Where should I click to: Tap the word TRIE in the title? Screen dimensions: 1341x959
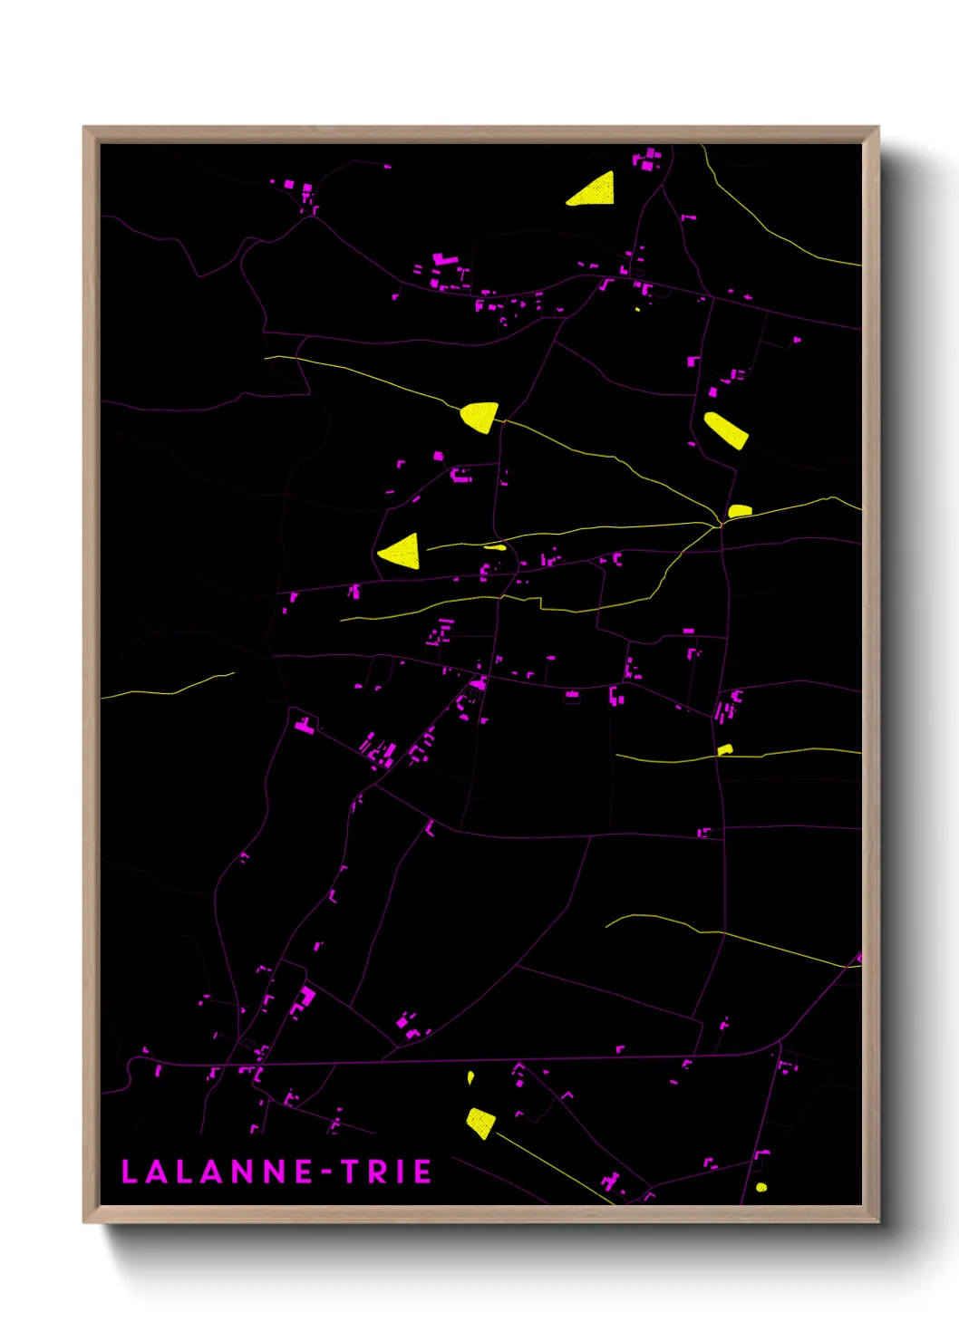(386, 1172)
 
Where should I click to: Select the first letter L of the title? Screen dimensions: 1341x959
(130, 1172)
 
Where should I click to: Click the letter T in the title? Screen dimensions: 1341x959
(350, 1172)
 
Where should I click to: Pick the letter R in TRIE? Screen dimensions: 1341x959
(375, 1172)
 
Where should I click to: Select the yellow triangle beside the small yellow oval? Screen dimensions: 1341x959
(402, 551)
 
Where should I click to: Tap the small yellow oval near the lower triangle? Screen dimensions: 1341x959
(494, 546)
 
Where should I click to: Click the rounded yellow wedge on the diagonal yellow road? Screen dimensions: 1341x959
(479, 416)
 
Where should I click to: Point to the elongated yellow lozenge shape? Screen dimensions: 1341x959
(726, 429)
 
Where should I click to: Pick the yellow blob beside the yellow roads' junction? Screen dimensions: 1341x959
(740, 511)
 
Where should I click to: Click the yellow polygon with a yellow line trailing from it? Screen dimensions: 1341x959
(480, 1123)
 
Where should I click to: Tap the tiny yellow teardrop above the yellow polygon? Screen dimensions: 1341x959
(470, 1077)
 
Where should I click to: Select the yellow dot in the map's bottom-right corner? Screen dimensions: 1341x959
(761, 1187)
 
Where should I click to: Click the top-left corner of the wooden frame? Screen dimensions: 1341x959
(84, 128)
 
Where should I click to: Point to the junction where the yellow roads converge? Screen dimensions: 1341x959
(720, 523)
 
